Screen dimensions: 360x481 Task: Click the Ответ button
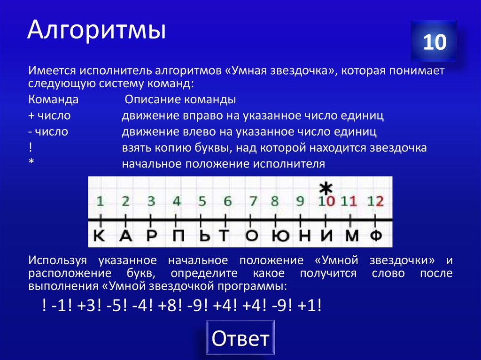click(240, 338)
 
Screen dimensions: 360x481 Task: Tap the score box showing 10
click(434, 43)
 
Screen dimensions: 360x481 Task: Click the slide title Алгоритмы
click(96, 31)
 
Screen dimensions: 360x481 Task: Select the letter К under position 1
click(100, 236)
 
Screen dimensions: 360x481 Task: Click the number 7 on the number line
click(253, 202)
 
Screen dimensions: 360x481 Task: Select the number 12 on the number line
click(376, 202)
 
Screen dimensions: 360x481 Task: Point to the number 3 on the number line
click(151, 202)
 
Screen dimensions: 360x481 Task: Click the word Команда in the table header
click(53, 100)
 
